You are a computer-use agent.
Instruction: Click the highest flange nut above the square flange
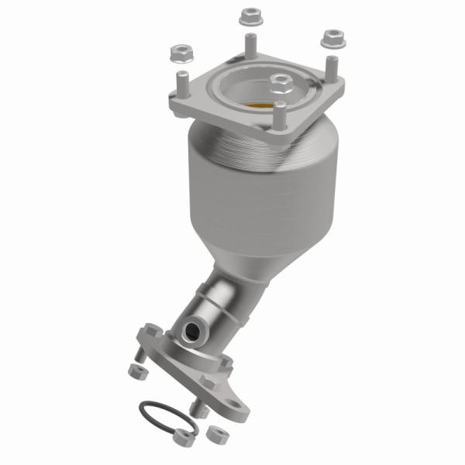tap(250, 15)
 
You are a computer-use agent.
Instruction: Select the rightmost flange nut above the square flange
tap(332, 36)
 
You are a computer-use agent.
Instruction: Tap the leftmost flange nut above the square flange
tap(179, 54)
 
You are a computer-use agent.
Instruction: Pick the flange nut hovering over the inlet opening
tap(280, 80)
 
